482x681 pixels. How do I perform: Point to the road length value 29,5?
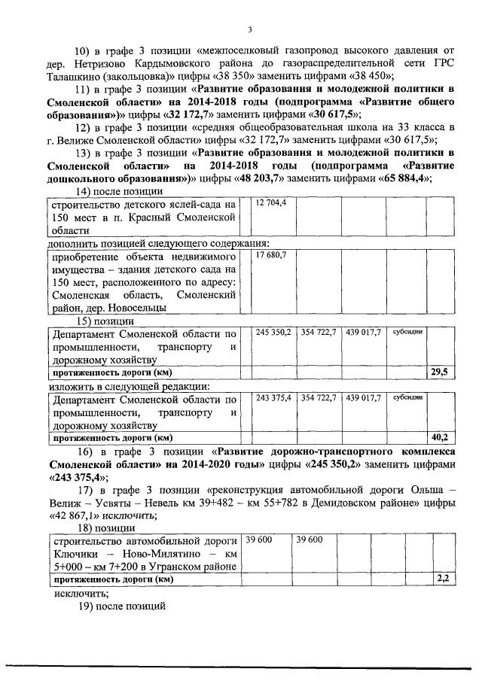[x=439, y=372]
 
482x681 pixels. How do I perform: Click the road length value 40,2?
[x=439, y=437]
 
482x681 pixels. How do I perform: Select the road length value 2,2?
[x=443, y=579]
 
